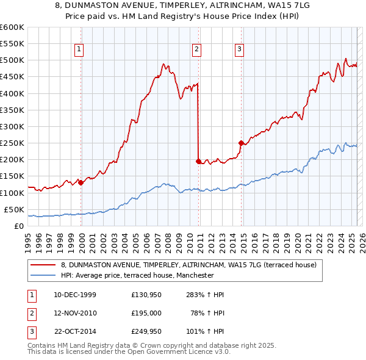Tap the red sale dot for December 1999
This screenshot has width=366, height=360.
[81, 182]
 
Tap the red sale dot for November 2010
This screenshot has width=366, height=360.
[198, 161]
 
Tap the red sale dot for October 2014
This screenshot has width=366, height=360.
[241, 143]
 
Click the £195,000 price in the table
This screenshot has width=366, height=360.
[146, 313]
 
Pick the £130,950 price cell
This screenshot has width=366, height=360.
[146, 294]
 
